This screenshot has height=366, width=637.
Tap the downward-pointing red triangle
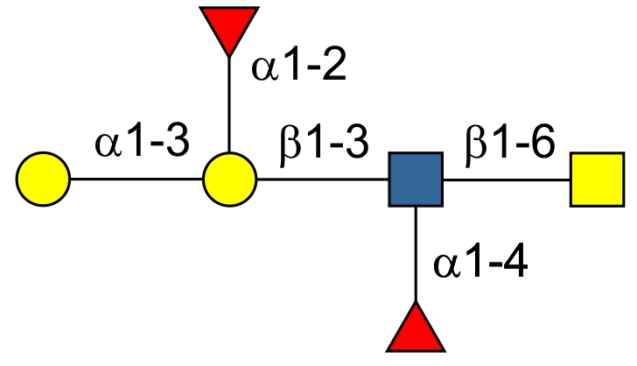pos(229,26)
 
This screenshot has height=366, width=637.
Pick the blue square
pos(416,179)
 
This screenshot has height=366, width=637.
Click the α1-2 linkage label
pos(300,67)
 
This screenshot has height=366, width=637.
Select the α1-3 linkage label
pos(142,142)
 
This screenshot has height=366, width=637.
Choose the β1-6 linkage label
pos(511,142)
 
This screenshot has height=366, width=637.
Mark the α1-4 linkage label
pos(480,263)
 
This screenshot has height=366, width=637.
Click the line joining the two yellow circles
pos(136,179)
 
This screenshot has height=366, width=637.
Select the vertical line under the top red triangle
pos(229,105)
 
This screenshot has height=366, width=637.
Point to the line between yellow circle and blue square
pos(322,179)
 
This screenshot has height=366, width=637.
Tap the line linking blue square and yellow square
pos(507,179)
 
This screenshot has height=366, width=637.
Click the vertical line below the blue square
pos(416,254)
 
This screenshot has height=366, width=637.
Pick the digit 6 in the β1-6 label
pos(542,142)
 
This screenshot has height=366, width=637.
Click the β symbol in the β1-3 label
pos(290,144)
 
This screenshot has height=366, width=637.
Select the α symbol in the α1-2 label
pos(264,68)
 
